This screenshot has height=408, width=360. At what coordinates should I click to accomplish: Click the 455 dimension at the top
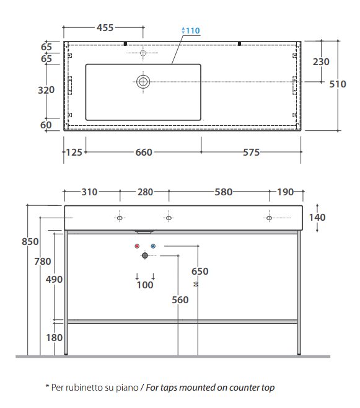[x=105, y=27]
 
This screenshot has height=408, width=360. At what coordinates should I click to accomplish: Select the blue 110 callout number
[x=193, y=31]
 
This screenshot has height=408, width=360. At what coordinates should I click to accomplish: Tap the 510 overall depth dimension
[x=338, y=84]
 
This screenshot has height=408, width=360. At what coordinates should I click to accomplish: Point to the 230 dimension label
[x=321, y=62]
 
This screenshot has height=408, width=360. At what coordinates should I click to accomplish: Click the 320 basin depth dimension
[x=46, y=90]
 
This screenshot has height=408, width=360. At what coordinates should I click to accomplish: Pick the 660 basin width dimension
[x=144, y=152]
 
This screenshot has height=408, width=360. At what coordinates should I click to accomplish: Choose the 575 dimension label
[x=252, y=152]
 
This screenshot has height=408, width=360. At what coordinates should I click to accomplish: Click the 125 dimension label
[x=74, y=152]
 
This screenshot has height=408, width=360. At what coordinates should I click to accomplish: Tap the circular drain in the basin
[x=143, y=82]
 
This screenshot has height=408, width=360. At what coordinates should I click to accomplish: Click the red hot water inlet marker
[x=137, y=246]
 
